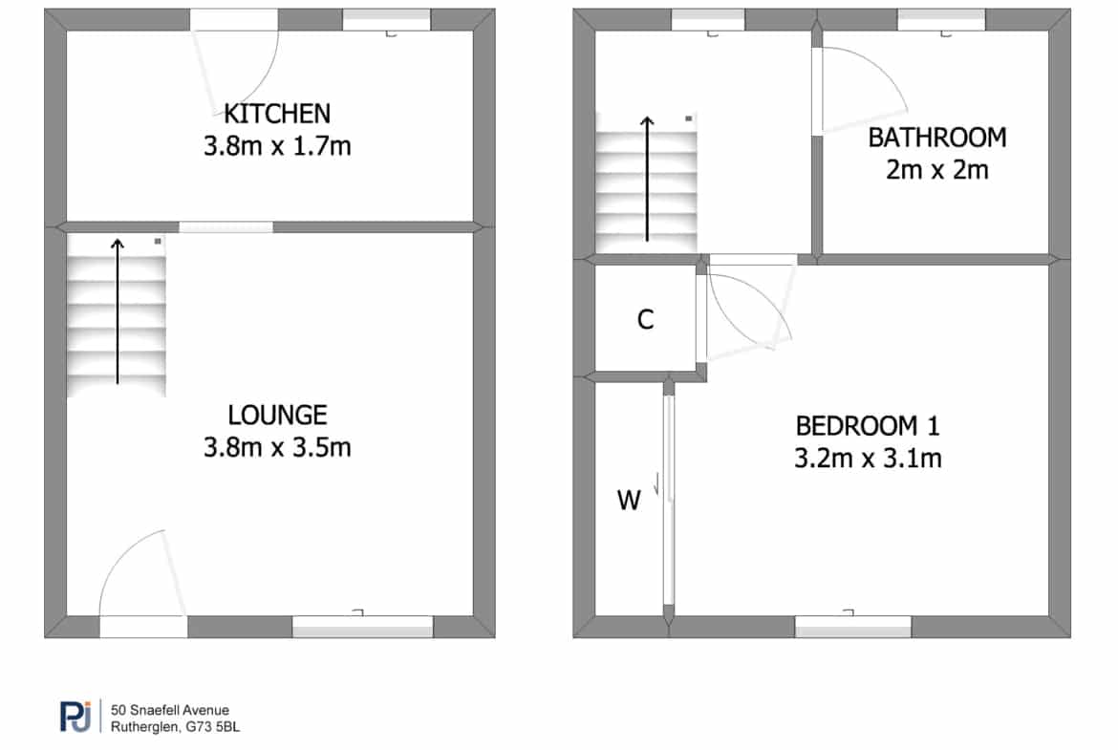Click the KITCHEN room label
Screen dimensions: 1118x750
(x=277, y=114)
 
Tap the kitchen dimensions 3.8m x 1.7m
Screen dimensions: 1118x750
(x=277, y=146)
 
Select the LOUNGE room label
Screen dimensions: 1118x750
(x=277, y=415)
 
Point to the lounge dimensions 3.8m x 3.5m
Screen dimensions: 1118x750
(x=277, y=448)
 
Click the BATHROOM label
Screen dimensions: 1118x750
(x=936, y=138)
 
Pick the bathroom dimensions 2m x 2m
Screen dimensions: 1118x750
(x=936, y=170)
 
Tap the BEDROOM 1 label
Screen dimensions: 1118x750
(x=868, y=426)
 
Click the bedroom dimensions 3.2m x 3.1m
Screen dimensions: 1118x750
(x=868, y=459)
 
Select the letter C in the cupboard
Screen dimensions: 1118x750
(x=645, y=319)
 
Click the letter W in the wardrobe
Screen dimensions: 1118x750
(x=629, y=501)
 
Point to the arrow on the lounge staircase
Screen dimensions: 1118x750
(x=118, y=311)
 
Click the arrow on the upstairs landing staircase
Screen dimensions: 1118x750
(x=647, y=179)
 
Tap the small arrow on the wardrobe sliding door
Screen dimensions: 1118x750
(x=656, y=483)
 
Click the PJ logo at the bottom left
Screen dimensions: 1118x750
(x=76, y=717)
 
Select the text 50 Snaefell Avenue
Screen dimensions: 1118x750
(x=170, y=710)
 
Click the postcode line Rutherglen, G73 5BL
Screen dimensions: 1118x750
(x=176, y=727)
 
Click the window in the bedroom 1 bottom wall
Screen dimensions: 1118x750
(x=852, y=626)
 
